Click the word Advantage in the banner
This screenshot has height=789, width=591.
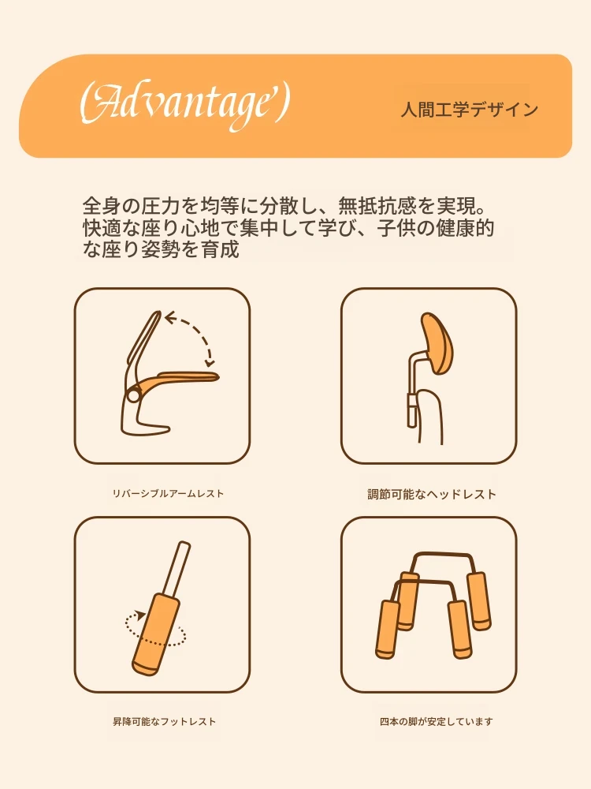tap(184, 107)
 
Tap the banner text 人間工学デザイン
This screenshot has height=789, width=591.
tap(470, 109)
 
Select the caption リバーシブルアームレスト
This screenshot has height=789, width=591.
tap(168, 494)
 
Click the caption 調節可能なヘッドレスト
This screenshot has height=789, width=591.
tap(432, 494)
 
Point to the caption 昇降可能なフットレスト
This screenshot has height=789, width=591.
tap(165, 722)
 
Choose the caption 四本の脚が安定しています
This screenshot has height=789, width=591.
tap(437, 722)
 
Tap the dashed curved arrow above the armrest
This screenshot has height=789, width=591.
tap(191, 332)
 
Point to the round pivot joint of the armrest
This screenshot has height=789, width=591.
tap(134, 395)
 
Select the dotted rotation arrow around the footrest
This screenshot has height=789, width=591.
tap(155, 629)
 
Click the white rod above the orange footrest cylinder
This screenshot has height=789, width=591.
tap(178, 570)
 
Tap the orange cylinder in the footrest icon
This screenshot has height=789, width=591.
tap(156, 634)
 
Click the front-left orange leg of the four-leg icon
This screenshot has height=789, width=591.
tap(388, 629)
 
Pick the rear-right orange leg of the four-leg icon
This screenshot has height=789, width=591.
tap(479, 600)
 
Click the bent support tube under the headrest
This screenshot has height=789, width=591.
tap(413, 383)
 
